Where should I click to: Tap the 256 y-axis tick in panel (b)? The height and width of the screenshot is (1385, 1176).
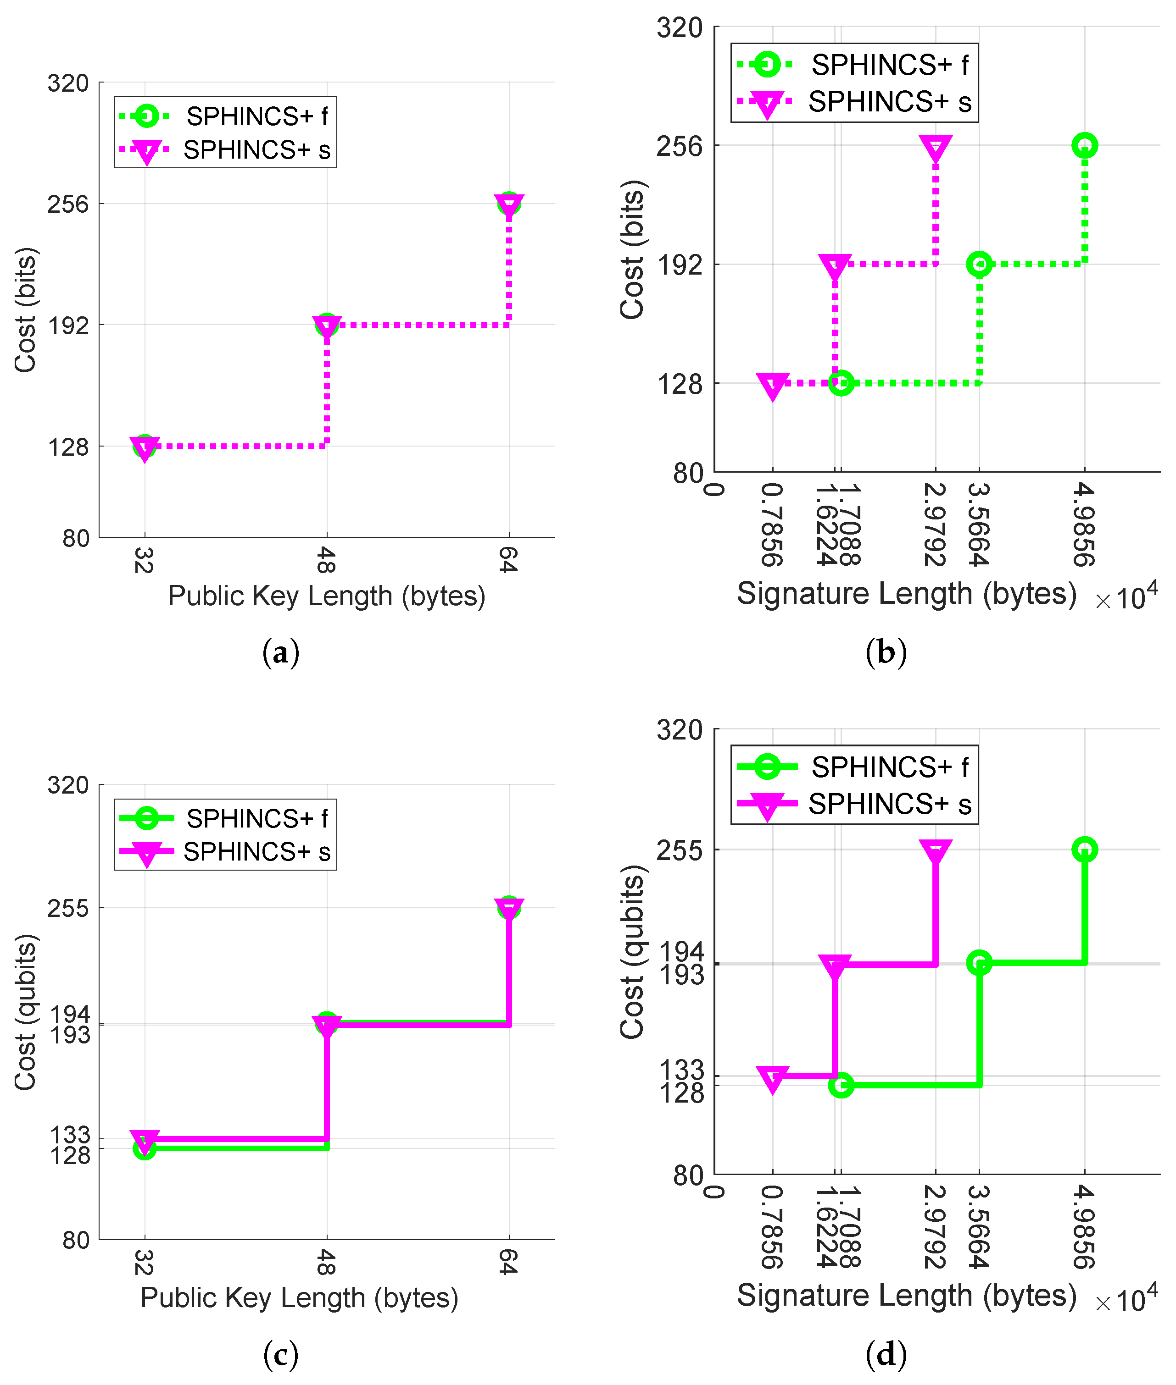coord(680,146)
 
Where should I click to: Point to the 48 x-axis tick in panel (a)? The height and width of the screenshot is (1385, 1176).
coord(325,560)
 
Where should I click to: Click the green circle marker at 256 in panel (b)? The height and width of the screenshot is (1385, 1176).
coord(1085,145)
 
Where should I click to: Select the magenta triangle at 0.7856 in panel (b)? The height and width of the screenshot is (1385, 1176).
coord(773,385)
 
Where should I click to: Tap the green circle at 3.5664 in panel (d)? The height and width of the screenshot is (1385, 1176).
coord(979,963)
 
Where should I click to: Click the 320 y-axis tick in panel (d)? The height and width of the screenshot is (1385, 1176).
coord(680,731)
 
